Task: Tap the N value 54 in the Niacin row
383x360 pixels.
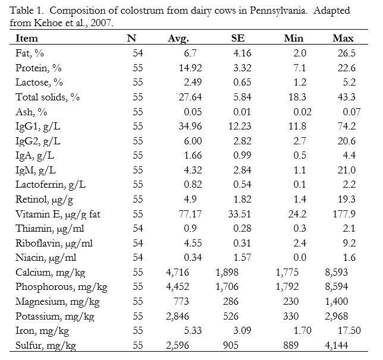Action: [x=138, y=257]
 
